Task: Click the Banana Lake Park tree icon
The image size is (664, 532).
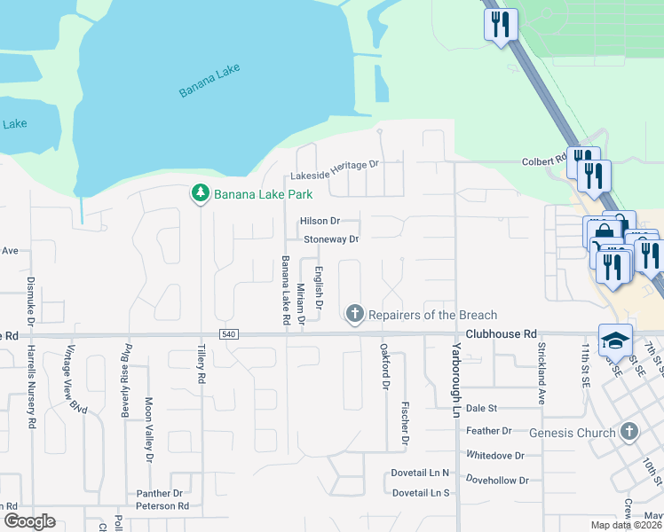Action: point(201,193)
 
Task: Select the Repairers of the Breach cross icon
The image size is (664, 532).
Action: point(355,314)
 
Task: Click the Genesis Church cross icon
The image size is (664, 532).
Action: point(628,432)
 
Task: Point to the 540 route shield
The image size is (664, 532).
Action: point(229,333)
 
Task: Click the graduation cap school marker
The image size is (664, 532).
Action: point(614,340)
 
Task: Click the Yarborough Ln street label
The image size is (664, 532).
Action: point(458,369)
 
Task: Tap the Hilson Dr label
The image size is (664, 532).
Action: point(320,221)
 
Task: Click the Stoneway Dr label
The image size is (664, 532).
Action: point(331,239)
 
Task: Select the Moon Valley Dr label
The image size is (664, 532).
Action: point(147,429)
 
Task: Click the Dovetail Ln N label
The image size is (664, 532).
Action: point(421,473)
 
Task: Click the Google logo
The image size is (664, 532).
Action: point(28,521)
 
